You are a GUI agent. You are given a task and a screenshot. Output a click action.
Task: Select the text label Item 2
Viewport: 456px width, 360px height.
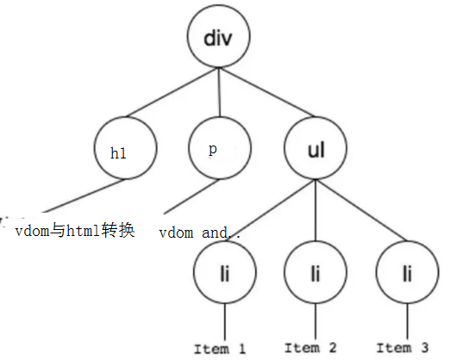point(309,347)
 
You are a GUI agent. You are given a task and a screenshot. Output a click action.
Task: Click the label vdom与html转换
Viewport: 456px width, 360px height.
point(76,231)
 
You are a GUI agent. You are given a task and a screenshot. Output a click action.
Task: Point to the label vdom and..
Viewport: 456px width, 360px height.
point(196,233)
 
